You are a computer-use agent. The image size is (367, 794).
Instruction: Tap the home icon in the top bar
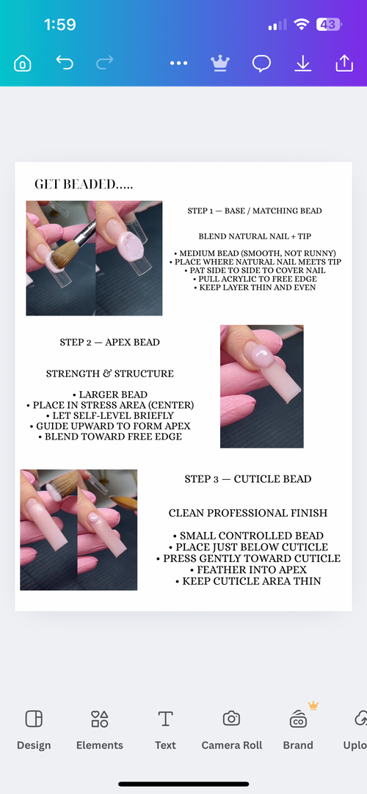pos(23,64)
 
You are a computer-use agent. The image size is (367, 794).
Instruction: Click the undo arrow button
pos(65,63)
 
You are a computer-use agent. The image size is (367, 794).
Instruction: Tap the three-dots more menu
pos(179,64)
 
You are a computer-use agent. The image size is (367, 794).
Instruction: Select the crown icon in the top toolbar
pos(219,63)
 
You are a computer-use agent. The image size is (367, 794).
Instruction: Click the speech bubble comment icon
pos(261,64)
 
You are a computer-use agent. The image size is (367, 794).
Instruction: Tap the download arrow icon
pos(302,64)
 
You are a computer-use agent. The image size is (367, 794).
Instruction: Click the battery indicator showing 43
pos(328,25)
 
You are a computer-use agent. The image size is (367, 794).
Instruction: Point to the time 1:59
pos(59,25)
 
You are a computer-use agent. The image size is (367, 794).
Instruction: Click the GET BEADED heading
pos(84,184)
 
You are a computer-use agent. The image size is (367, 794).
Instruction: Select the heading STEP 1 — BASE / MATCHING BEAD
pos(254,211)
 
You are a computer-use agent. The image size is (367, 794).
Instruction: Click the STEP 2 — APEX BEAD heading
pos(109,342)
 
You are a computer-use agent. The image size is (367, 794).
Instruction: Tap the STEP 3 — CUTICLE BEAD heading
pos(247,479)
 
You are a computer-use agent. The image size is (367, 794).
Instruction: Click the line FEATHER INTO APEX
pos(247,569)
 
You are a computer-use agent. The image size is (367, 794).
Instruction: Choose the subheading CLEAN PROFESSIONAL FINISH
pos(247,513)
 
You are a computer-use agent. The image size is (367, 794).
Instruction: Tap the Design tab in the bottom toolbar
pos(34,729)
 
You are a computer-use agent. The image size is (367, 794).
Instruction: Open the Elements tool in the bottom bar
pos(99,729)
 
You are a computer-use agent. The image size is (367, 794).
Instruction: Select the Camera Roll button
pos(231,729)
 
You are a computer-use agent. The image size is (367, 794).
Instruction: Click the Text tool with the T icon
pos(165,729)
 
